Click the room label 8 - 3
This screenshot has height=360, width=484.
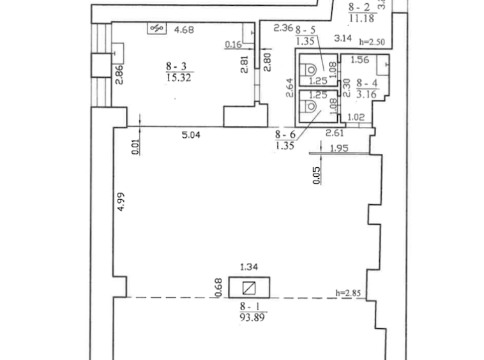(x=176, y=66)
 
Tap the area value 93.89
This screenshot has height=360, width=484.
(x=252, y=317)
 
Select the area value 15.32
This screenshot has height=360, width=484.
(x=179, y=77)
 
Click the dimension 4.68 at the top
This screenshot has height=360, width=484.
(x=184, y=30)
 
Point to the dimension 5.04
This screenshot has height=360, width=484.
(x=191, y=135)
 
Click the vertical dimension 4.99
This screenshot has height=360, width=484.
(x=121, y=202)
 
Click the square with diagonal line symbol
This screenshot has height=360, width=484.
(x=249, y=288)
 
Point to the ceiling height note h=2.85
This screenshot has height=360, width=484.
(x=348, y=293)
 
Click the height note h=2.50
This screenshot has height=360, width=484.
(x=372, y=42)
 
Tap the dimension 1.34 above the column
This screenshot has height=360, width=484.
(x=249, y=267)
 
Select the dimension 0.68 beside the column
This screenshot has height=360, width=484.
(x=218, y=287)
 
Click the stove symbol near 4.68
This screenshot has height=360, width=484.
(x=157, y=28)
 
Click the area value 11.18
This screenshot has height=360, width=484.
(x=362, y=19)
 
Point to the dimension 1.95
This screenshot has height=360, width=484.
(x=339, y=148)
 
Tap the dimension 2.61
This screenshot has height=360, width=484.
(x=335, y=133)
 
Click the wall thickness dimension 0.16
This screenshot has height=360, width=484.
(x=233, y=45)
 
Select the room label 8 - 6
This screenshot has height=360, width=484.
(x=285, y=135)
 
